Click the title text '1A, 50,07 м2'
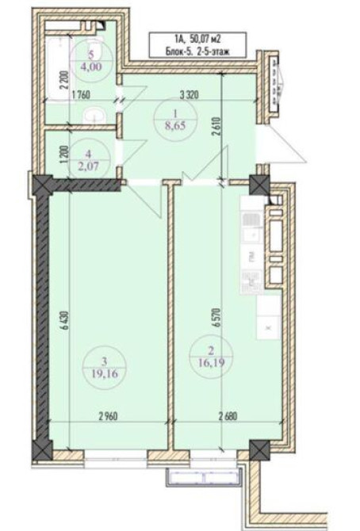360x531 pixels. (x=198, y=37)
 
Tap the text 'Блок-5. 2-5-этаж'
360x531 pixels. (x=198, y=50)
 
